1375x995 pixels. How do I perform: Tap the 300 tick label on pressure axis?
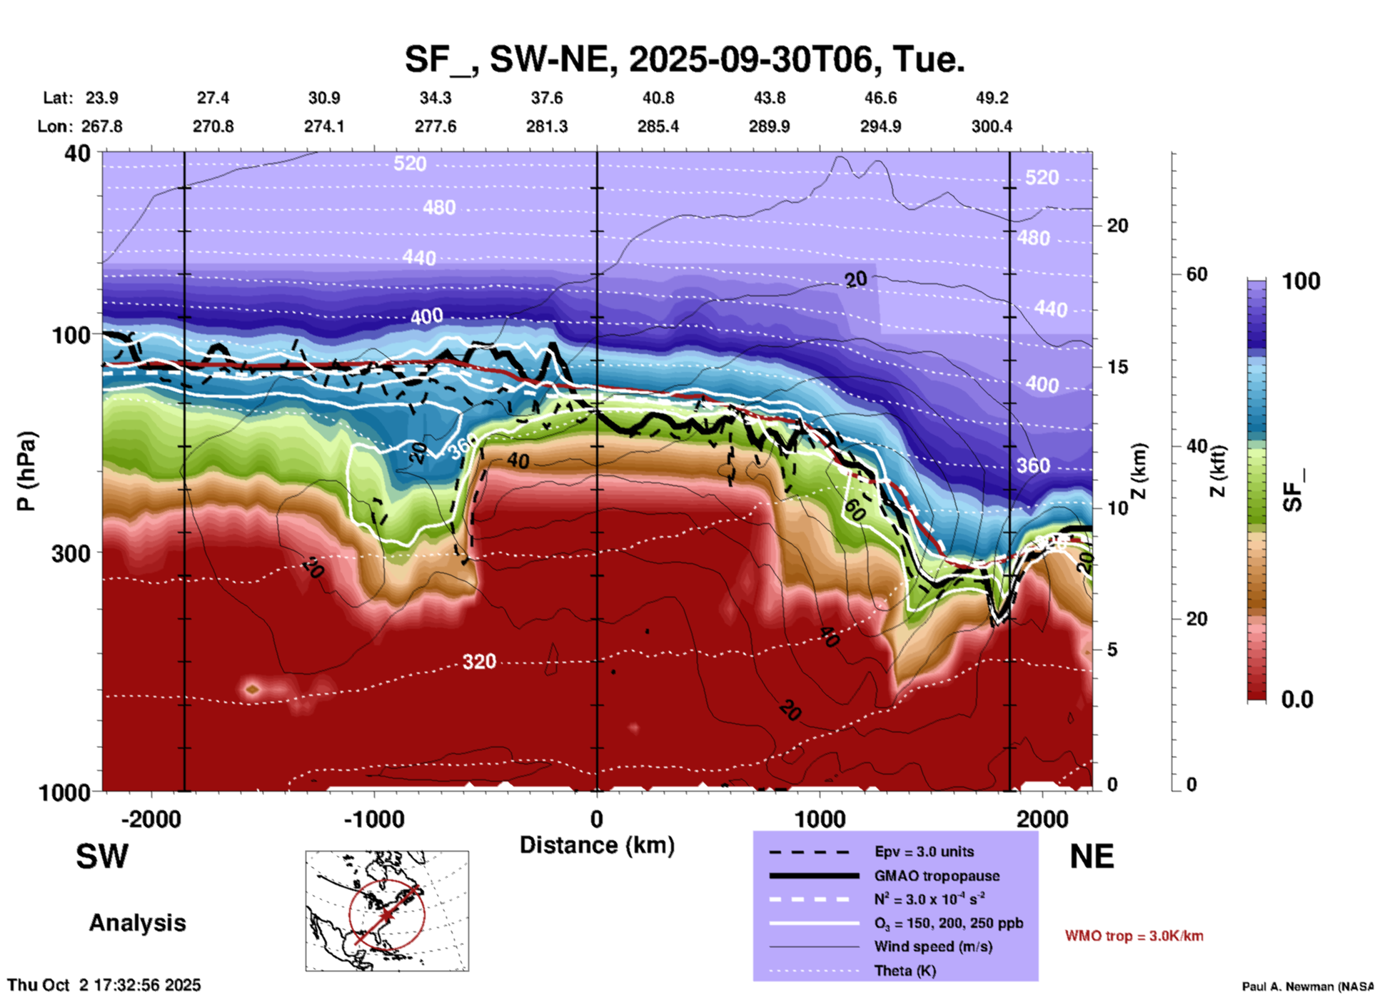pos(71,553)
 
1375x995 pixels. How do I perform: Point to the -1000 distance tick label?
pos(373,819)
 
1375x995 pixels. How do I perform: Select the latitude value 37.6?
pos(546,98)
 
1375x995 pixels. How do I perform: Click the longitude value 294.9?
pos(880,126)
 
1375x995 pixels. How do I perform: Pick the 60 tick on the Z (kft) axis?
pos(1196,274)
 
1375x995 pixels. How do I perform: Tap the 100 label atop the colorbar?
pos(1301,282)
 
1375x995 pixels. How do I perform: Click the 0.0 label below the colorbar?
pos(1297,699)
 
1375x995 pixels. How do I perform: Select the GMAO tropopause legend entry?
pos(936,876)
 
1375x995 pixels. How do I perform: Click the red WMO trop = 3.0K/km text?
pos(1134,936)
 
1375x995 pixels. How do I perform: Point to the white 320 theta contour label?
pos(479,662)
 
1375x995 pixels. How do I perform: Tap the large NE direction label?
pos(1092,857)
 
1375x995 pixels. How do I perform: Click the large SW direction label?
pos(102,857)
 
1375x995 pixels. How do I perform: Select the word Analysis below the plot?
pos(137,923)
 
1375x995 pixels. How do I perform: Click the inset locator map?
pos(387,910)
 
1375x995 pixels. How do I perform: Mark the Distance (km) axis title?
pos(597,845)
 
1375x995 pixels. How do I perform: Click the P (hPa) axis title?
pos(26,471)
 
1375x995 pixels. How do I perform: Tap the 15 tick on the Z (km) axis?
pos(1117,367)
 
